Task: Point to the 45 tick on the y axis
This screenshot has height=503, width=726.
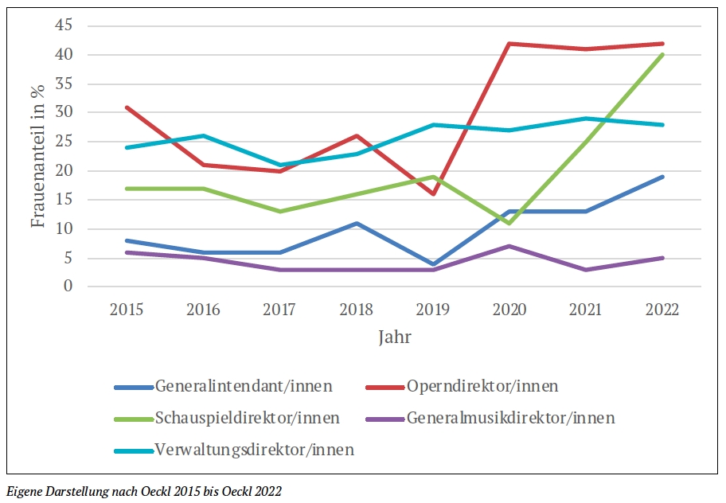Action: click(x=64, y=25)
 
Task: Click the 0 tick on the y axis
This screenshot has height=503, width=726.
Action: click(x=68, y=287)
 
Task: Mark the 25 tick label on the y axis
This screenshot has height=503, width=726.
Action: click(x=64, y=142)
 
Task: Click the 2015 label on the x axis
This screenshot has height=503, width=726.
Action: click(x=127, y=310)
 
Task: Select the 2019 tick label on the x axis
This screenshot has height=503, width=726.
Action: click(x=433, y=310)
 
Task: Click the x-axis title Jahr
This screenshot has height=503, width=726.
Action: click(x=395, y=337)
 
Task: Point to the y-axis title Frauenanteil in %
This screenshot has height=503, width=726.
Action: click(x=37, y=155)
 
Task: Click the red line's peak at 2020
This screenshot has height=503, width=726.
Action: click(x=509, y=44)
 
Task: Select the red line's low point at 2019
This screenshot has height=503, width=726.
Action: click(x=433, y=193)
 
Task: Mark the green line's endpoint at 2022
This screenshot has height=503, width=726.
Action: click(x=662, y=55)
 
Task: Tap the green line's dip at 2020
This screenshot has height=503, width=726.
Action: click(x=509, y=223)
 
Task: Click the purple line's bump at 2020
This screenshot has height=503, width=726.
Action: click(x=509, y=246)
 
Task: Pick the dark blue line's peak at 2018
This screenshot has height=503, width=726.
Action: click(x=357, y=223)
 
